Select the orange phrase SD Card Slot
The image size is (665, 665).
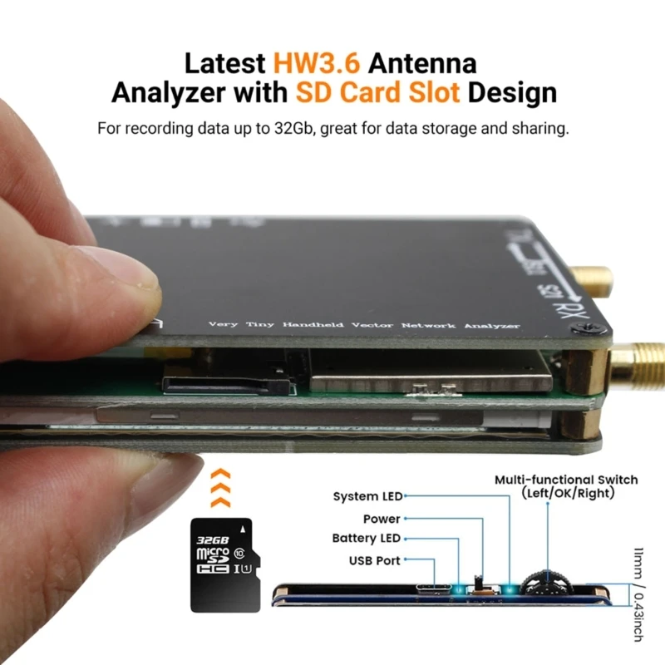pos(377,91)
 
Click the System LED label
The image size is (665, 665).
pos(367,496)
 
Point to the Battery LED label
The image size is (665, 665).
pos(366,539)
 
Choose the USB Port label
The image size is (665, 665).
pos(374,560)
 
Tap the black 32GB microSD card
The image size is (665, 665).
pos(221,564)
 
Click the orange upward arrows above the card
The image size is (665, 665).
pos(220,488)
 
